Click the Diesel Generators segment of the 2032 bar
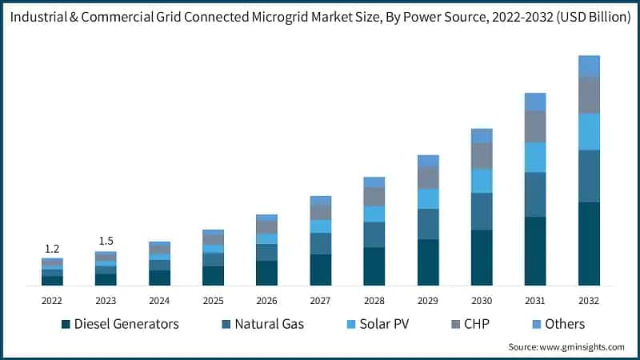[589, 243]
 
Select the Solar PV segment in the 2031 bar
[535, 157]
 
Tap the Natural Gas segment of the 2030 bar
[482, 211]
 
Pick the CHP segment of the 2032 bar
[589, 94]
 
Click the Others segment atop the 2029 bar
[428, 161]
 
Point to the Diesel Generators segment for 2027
[321, 270]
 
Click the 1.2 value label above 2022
[52, 248]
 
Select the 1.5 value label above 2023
[106, 241]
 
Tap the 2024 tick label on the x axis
[159, 300]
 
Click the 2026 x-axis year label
[266, 300]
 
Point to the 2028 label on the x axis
[374, 300]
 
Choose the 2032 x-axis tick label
[589, 300]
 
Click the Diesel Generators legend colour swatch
[65, 324]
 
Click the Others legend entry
[564, 324]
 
